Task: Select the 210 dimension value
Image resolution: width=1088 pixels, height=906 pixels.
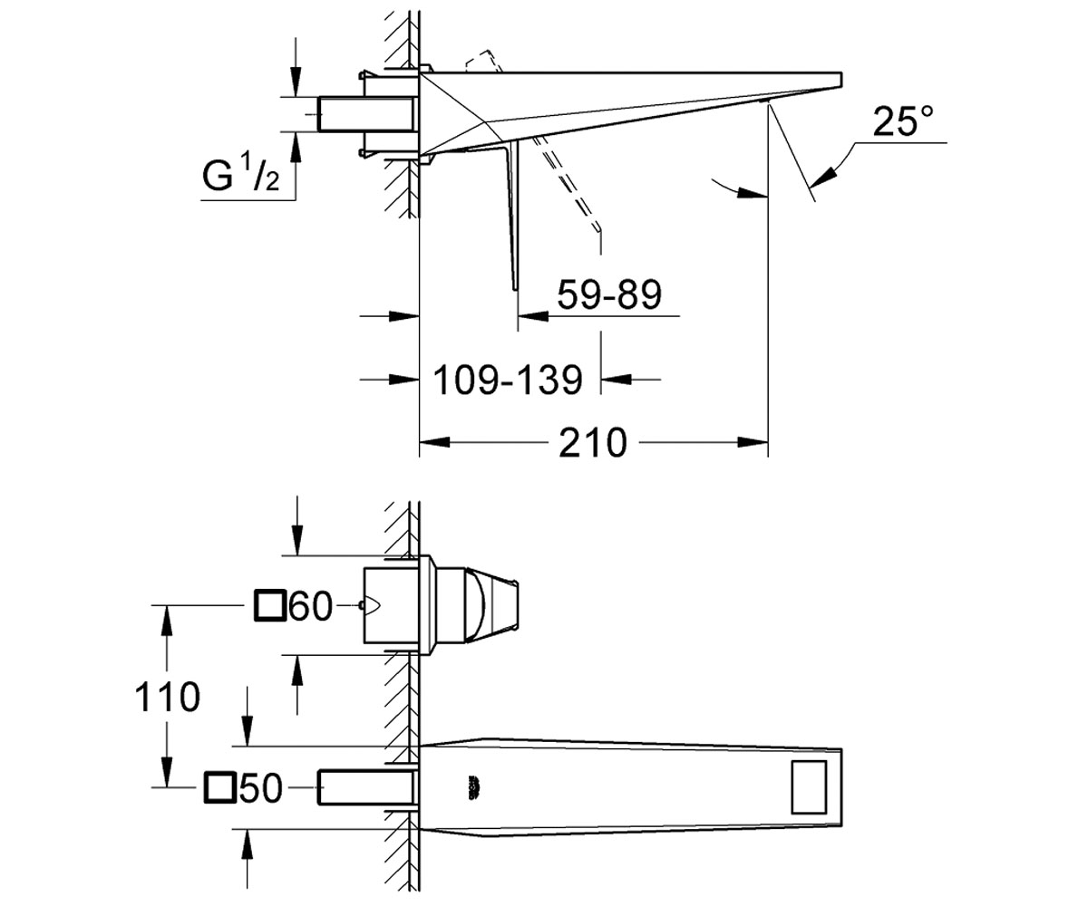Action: (x=593, y=443)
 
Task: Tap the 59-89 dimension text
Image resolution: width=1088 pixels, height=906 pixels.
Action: (x=609, y=294)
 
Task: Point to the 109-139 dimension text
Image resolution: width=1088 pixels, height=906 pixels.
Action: (x=508, y=380)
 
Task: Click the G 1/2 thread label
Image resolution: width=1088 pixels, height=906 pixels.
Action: (x=241, y=175)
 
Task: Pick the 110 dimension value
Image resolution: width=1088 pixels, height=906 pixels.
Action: (x=167, y=697)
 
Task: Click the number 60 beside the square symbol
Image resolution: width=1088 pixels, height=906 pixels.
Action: (x=311, y=605)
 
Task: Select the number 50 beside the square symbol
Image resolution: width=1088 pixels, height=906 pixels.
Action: (x=260, y=787)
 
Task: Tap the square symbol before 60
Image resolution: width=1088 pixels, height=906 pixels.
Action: (x=270, y=605)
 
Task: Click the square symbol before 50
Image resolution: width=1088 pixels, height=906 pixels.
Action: (x=220, y=787)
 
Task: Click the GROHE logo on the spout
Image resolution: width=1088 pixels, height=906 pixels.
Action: (x=475, y=788)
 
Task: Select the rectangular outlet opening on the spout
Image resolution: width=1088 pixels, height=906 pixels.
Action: (x=809, y=787)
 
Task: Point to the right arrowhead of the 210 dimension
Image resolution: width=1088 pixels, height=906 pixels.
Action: (x=753, y=443)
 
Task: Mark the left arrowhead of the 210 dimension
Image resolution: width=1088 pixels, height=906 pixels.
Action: (x=435, y=443)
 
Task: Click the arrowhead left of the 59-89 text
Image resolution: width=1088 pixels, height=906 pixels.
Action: (x=534, y=315)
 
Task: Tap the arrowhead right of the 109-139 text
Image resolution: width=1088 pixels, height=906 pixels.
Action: (x=617, y=380)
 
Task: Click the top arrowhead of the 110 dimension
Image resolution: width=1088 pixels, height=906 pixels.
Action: (x=167, y=621)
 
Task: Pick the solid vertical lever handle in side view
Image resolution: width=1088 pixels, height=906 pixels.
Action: (x=513, y=215)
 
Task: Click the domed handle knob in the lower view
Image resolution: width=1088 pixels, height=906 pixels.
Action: (x=476, y=605)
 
